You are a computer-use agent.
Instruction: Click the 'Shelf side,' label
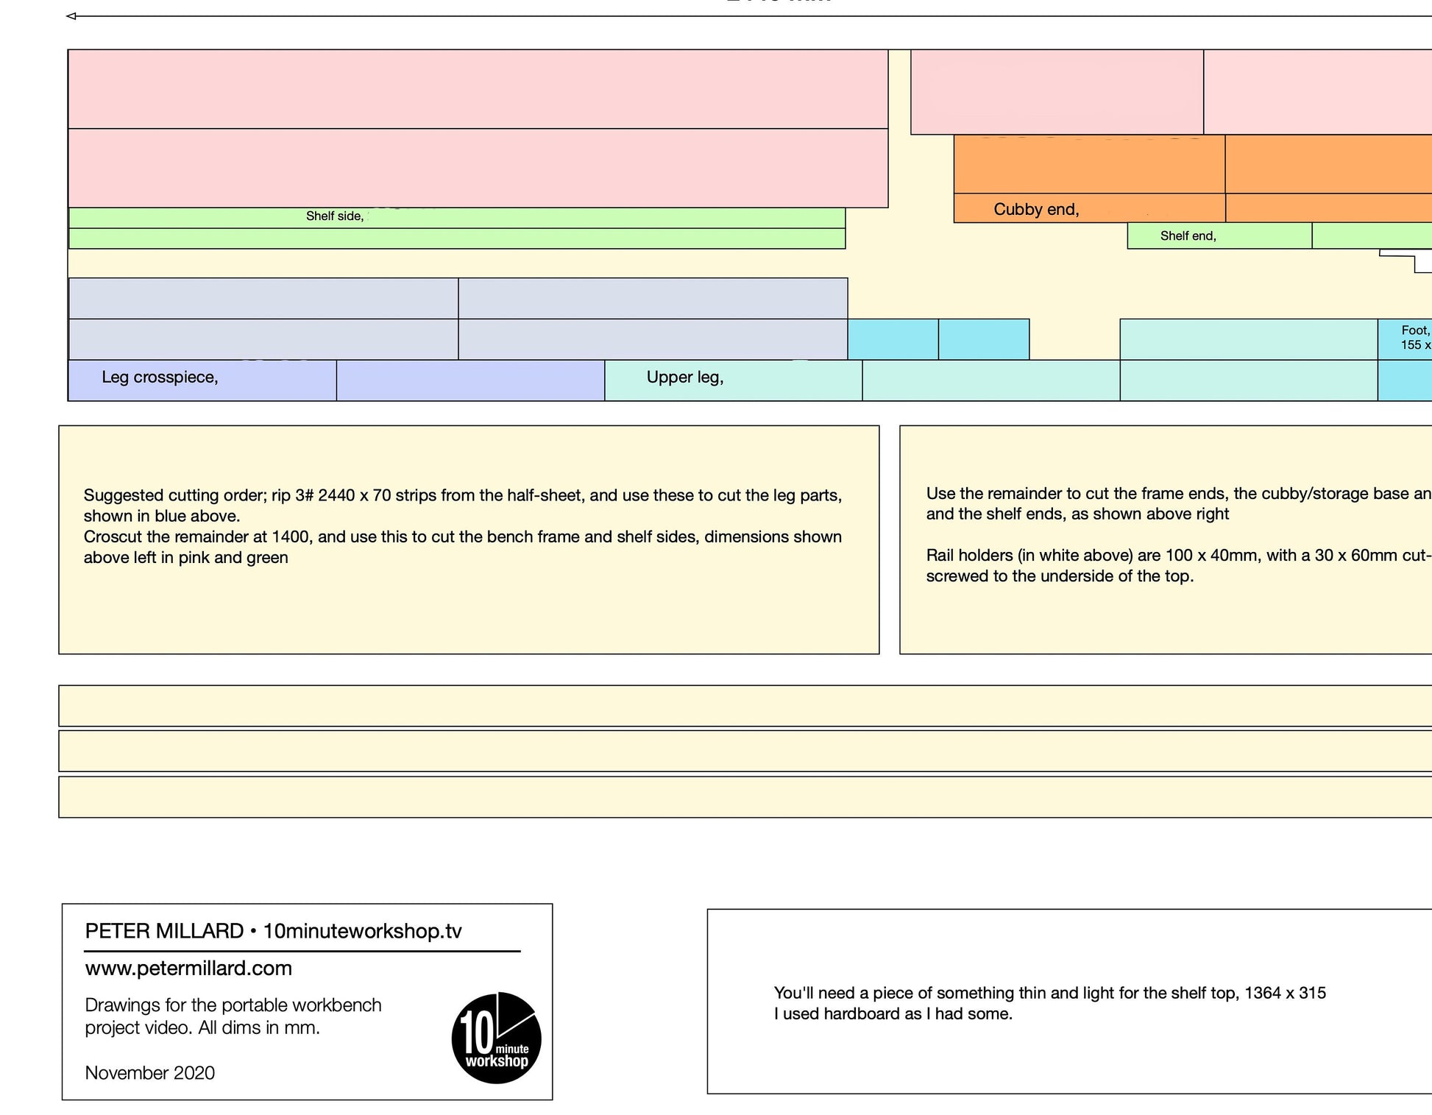335,216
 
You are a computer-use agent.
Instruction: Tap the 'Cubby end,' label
1036,210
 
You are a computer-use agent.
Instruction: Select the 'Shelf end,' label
1188,236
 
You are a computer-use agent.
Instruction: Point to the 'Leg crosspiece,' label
160,378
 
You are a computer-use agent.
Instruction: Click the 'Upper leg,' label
684,378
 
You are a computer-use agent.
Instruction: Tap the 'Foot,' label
1414,331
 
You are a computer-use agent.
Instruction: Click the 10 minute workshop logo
497,1038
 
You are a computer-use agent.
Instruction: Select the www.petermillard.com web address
188,969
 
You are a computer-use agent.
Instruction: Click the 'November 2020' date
150,1073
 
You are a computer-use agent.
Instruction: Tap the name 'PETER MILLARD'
164,932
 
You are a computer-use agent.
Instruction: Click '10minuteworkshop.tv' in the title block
362,932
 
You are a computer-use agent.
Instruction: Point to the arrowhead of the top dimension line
71,16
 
